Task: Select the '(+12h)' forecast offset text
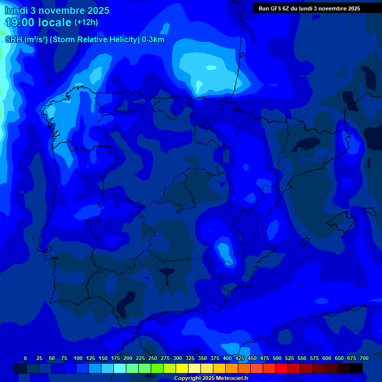[86, 22]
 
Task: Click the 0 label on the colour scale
[25, 359]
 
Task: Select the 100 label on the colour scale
[78, 359]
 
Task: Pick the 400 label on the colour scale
[227, 359]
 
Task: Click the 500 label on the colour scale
[277, 359]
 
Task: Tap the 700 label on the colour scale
[364, 359]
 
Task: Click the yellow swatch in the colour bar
[182, 368]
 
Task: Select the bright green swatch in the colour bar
[157, 368]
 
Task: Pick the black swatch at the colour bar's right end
[356, 368]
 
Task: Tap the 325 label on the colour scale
[190, 359]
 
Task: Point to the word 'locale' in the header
[55, 22]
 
